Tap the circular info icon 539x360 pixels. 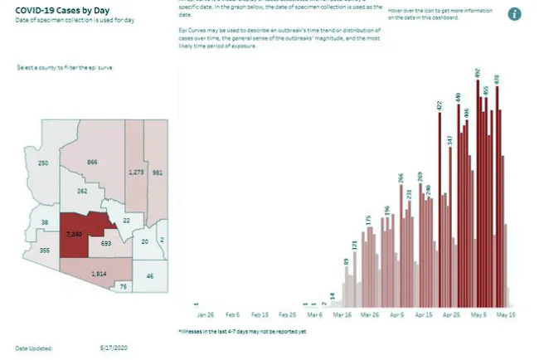click(x=514, y=14)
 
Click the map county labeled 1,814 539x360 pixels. click(x=98, y=273)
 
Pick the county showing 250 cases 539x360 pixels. click(x=43, y=163)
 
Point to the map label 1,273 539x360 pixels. click(x=136, y=172)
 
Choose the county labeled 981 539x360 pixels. click(x=158, y=173)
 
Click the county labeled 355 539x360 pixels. click(x=44, y=251)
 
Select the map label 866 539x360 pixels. click(x=93, y=163)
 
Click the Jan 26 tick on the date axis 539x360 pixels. click(x=205, y=315)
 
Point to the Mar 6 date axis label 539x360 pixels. click(x=314, y=315)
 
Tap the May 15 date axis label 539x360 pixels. click(x=505, y=315)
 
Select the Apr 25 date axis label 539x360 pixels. click(x=451, y=315)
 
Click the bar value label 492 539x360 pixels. click(x=478, y=74)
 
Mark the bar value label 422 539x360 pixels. click(x=440, y=105)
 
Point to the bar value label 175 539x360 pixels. click(x=368, y=221)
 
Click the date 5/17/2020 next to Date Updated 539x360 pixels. click(x=113, y=347)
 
